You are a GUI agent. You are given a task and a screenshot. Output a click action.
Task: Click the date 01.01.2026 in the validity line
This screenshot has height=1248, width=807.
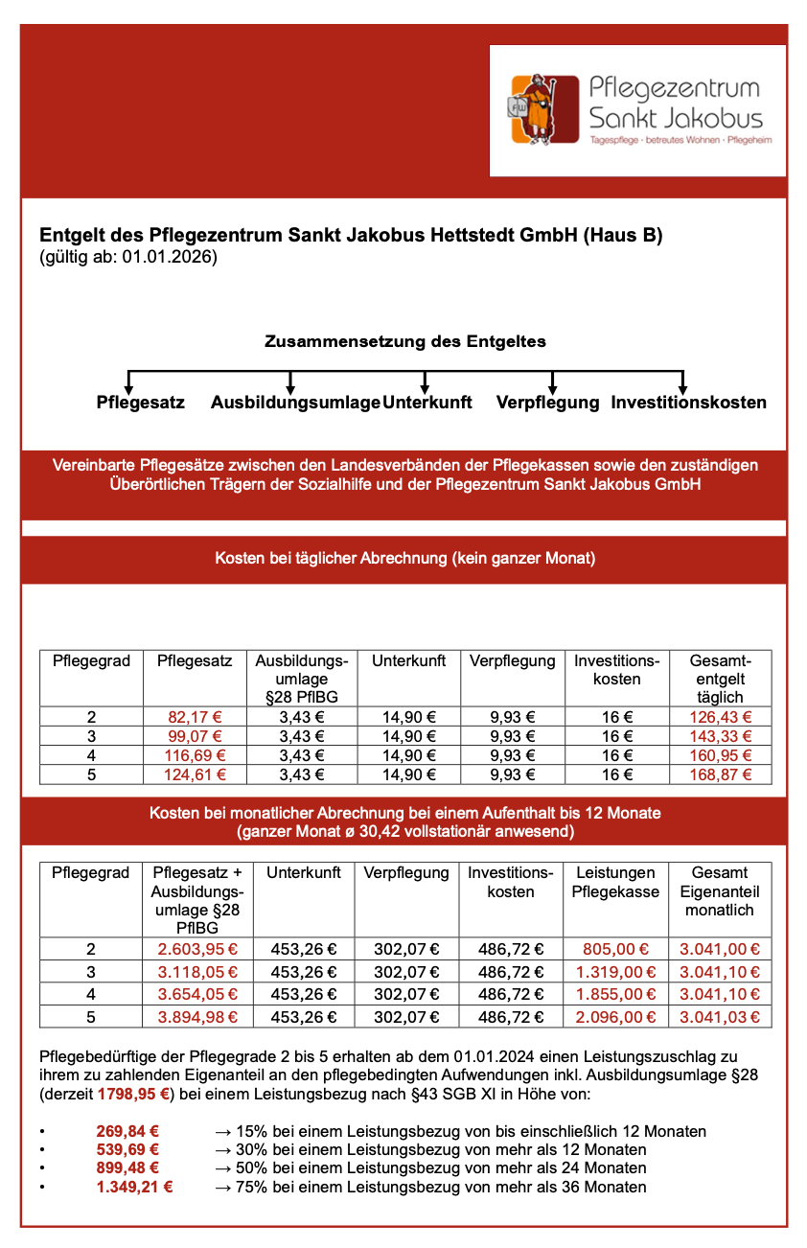[x=169, y=257]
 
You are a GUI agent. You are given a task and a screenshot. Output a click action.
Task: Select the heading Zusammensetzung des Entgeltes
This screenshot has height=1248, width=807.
[x=404, y=340]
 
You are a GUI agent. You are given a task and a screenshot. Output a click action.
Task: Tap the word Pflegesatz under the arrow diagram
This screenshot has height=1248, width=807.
[x=140, y=403]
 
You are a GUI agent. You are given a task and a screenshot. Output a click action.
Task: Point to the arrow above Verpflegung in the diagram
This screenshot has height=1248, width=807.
[x=552, y=380]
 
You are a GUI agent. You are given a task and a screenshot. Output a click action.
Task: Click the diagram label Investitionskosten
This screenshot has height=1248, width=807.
[x=688, y=403]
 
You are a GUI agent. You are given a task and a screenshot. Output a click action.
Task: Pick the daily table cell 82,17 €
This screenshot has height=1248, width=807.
[x=195, y=717]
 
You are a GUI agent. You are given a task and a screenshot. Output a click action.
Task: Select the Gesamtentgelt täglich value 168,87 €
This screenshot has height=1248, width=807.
[x=721, y=774]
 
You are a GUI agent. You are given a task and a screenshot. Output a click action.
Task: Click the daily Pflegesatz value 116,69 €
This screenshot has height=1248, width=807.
[x=195, y=755]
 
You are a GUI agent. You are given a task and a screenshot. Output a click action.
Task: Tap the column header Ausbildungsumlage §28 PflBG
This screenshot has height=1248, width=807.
[x=301, y=679]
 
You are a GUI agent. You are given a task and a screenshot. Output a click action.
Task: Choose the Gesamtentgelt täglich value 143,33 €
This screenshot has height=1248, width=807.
[x=721, y=736]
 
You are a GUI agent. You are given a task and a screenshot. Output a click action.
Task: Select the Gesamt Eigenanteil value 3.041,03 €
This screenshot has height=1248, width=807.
[x=719, y=1017]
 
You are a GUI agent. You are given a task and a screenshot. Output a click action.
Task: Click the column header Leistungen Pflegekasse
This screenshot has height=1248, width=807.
[x=614, y=883]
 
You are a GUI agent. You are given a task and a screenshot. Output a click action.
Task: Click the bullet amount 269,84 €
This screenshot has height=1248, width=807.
[x=127, y=1131]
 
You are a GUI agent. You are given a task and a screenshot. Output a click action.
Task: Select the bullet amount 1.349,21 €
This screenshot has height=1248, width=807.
[x=134, y=1188]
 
